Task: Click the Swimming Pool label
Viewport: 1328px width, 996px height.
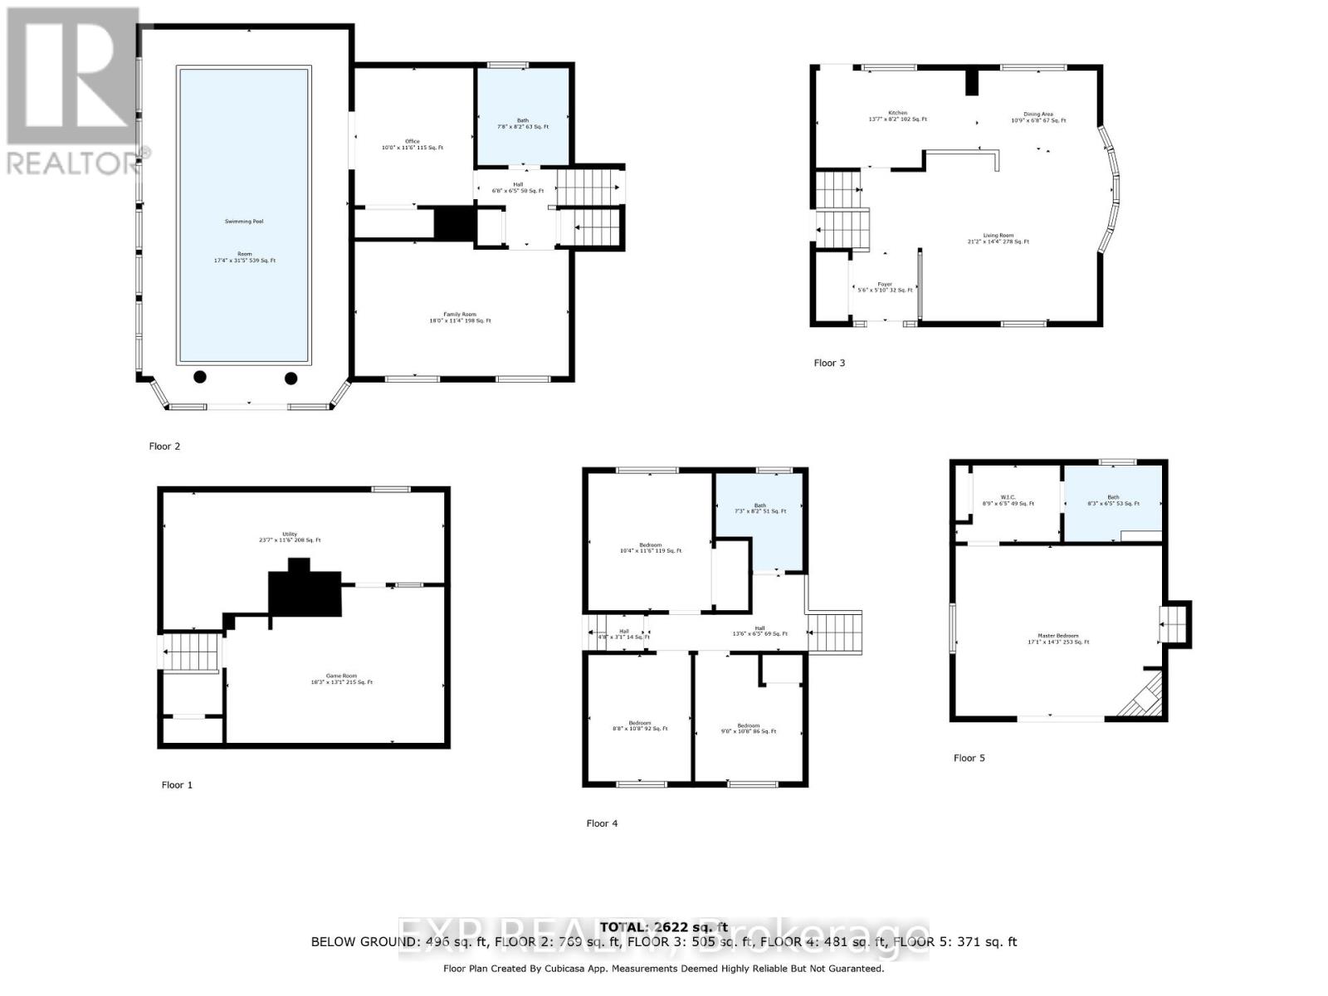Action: pos(244,222)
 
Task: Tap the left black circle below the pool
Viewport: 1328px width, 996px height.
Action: pos(200,378)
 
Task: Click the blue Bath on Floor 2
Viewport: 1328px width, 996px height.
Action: pos(523,116)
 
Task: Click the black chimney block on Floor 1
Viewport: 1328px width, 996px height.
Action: pos(305,592)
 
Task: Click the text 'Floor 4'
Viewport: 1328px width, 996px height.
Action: pos(602,823)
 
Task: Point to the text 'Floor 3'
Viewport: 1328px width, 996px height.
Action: pos(829,363)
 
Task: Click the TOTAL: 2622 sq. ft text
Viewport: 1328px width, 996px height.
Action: pos(664,927)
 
